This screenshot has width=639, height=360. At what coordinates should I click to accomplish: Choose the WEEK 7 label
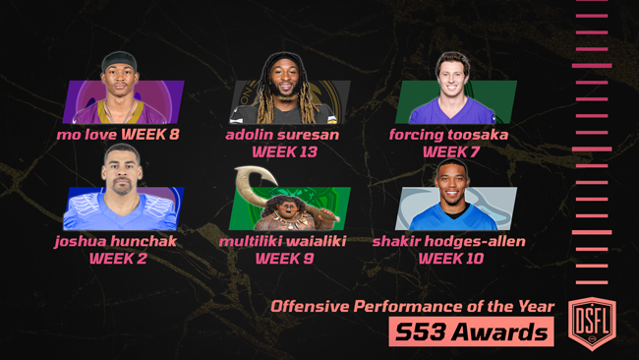tap(451, 151)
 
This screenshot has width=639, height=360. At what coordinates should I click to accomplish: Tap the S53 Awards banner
tap(471, 332)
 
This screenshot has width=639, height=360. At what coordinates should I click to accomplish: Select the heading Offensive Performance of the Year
tap(413, 307)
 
